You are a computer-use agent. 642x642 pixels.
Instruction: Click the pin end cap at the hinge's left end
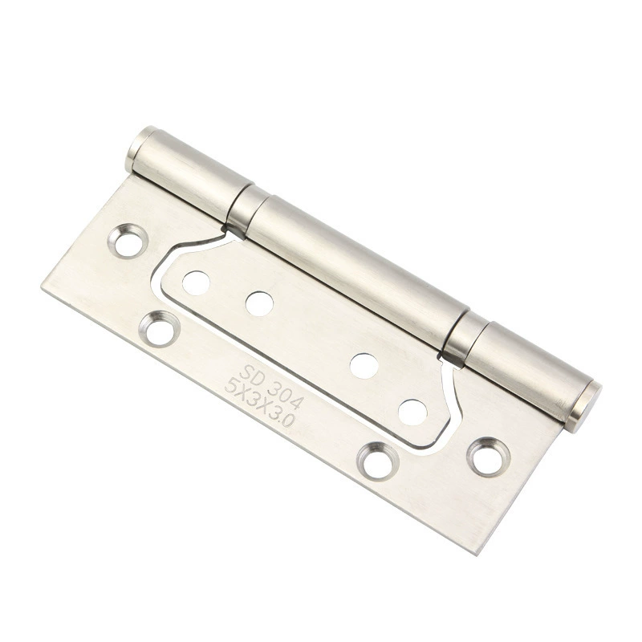[x=140, y=148]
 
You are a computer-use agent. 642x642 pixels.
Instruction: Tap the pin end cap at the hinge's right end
[x=583, y=407]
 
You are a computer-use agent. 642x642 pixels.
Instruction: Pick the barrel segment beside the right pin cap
[x=527, y=370]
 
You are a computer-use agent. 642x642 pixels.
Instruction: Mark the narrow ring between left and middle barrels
[x=246, y=212]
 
